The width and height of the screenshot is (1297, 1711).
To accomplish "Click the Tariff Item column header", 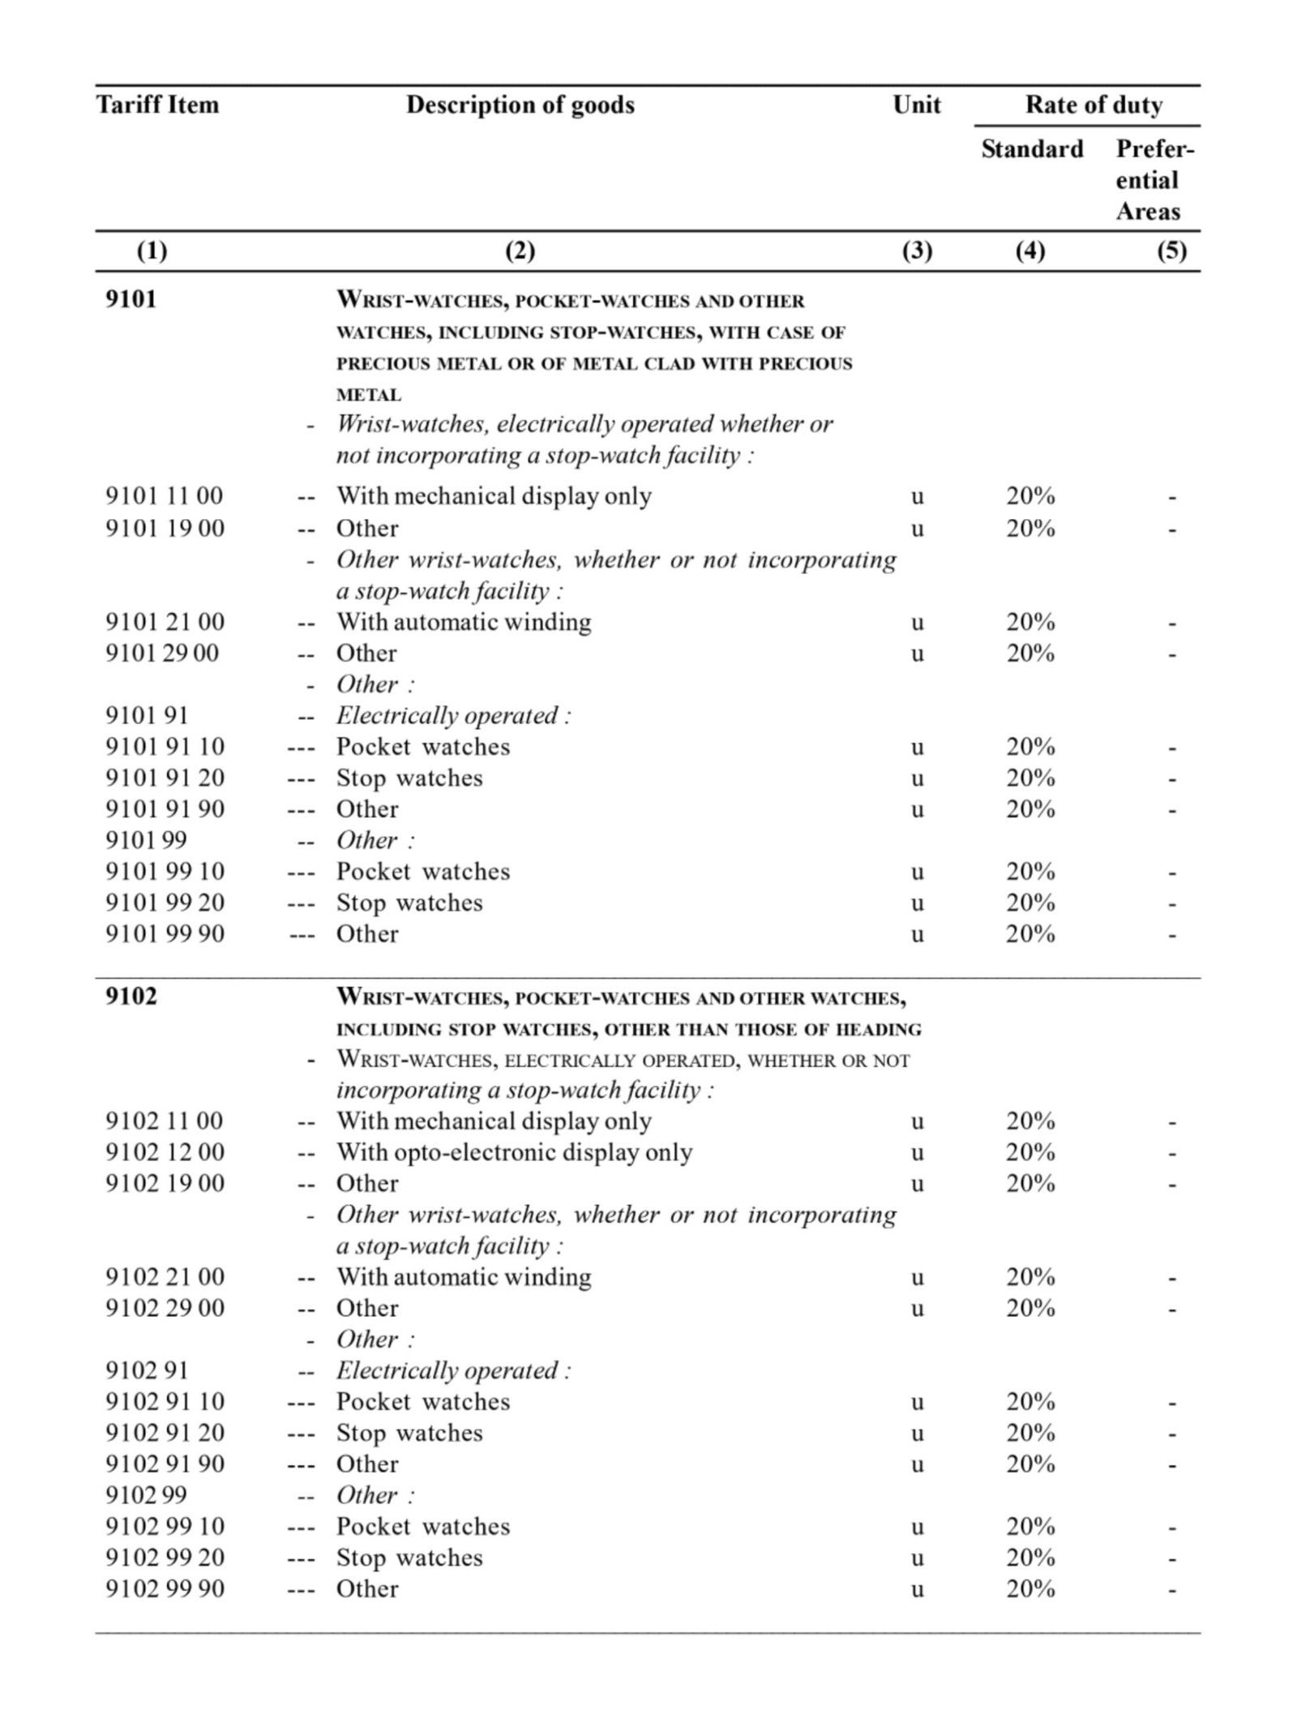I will tap(158, 105).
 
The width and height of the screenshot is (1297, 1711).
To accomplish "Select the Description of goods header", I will tap(520, 105).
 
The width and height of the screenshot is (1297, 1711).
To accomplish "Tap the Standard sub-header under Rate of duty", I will tap(1031, 149).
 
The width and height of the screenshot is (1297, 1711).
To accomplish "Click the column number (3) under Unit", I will tap(917, 251).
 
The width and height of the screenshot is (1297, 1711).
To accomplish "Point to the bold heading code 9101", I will tap(131, 299).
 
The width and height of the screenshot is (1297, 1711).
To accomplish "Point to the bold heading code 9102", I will tap(131, 996).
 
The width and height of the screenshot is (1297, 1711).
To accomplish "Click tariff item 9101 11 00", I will tap(165, 495).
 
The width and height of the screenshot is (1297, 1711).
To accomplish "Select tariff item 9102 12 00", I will tap(165, 1151).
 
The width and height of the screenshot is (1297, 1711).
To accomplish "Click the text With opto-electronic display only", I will tap(514, 1151).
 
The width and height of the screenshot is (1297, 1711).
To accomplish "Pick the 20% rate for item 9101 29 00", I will tap(1030, 653).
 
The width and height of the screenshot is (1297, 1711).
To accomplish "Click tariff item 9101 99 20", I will tap(165, 902).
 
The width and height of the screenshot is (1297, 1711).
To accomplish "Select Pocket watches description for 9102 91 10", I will tap(423, 1401).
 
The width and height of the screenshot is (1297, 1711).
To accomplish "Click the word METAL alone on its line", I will tap(369, 395).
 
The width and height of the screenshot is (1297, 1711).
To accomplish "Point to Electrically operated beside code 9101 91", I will tap(453, 715).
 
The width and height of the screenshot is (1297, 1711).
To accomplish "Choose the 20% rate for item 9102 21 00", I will tap(1030, 1276).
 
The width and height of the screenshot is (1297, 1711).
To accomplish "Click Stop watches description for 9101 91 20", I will tap(409, 778).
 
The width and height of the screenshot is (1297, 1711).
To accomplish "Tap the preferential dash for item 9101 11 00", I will tap(1171, 498).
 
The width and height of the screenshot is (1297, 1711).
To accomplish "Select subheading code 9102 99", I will tap(146, 1494).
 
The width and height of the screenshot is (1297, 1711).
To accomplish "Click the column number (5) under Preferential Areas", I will tap(1171, 251).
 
